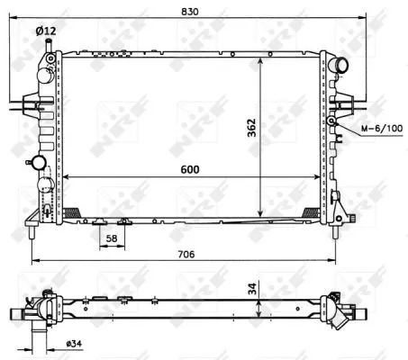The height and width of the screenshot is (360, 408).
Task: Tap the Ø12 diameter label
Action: tap(45, 31)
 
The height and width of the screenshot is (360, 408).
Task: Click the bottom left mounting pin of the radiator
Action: tap(32, 229)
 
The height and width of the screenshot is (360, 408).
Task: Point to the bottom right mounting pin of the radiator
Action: tap(336, 229)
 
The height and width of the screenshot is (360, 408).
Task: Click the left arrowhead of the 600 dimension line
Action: tap(66, 176)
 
